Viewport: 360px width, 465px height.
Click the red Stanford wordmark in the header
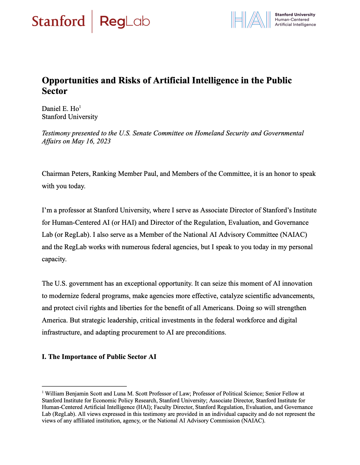[58, 21]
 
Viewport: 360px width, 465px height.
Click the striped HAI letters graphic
[251, 20]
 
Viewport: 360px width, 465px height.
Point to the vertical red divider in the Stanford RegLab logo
[92, 21]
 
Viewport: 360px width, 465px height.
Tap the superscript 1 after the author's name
[80, 107]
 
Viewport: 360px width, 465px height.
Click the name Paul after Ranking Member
[148, 174]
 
